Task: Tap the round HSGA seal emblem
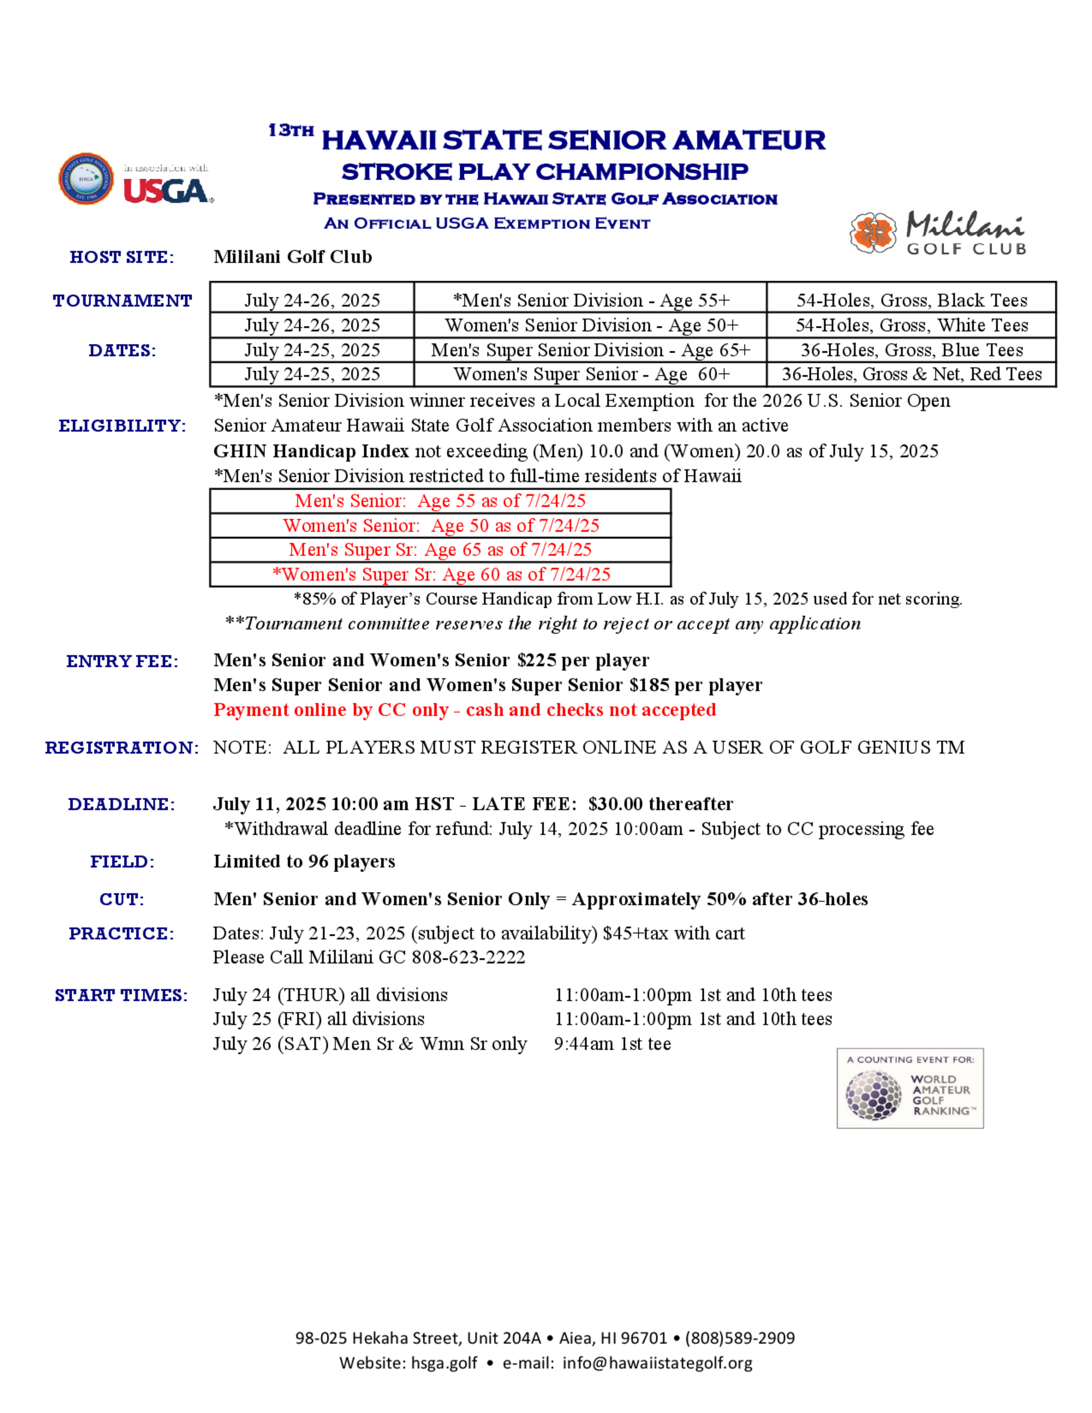86,179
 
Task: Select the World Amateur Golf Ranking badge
910,1088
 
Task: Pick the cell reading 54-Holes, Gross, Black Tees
911,300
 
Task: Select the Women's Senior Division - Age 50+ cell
591,325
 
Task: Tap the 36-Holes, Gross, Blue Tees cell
911,350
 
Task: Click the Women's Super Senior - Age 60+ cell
591,374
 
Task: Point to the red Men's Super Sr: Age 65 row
440,549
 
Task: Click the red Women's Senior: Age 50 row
441,525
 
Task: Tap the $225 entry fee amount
536,660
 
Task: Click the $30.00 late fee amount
615,804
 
